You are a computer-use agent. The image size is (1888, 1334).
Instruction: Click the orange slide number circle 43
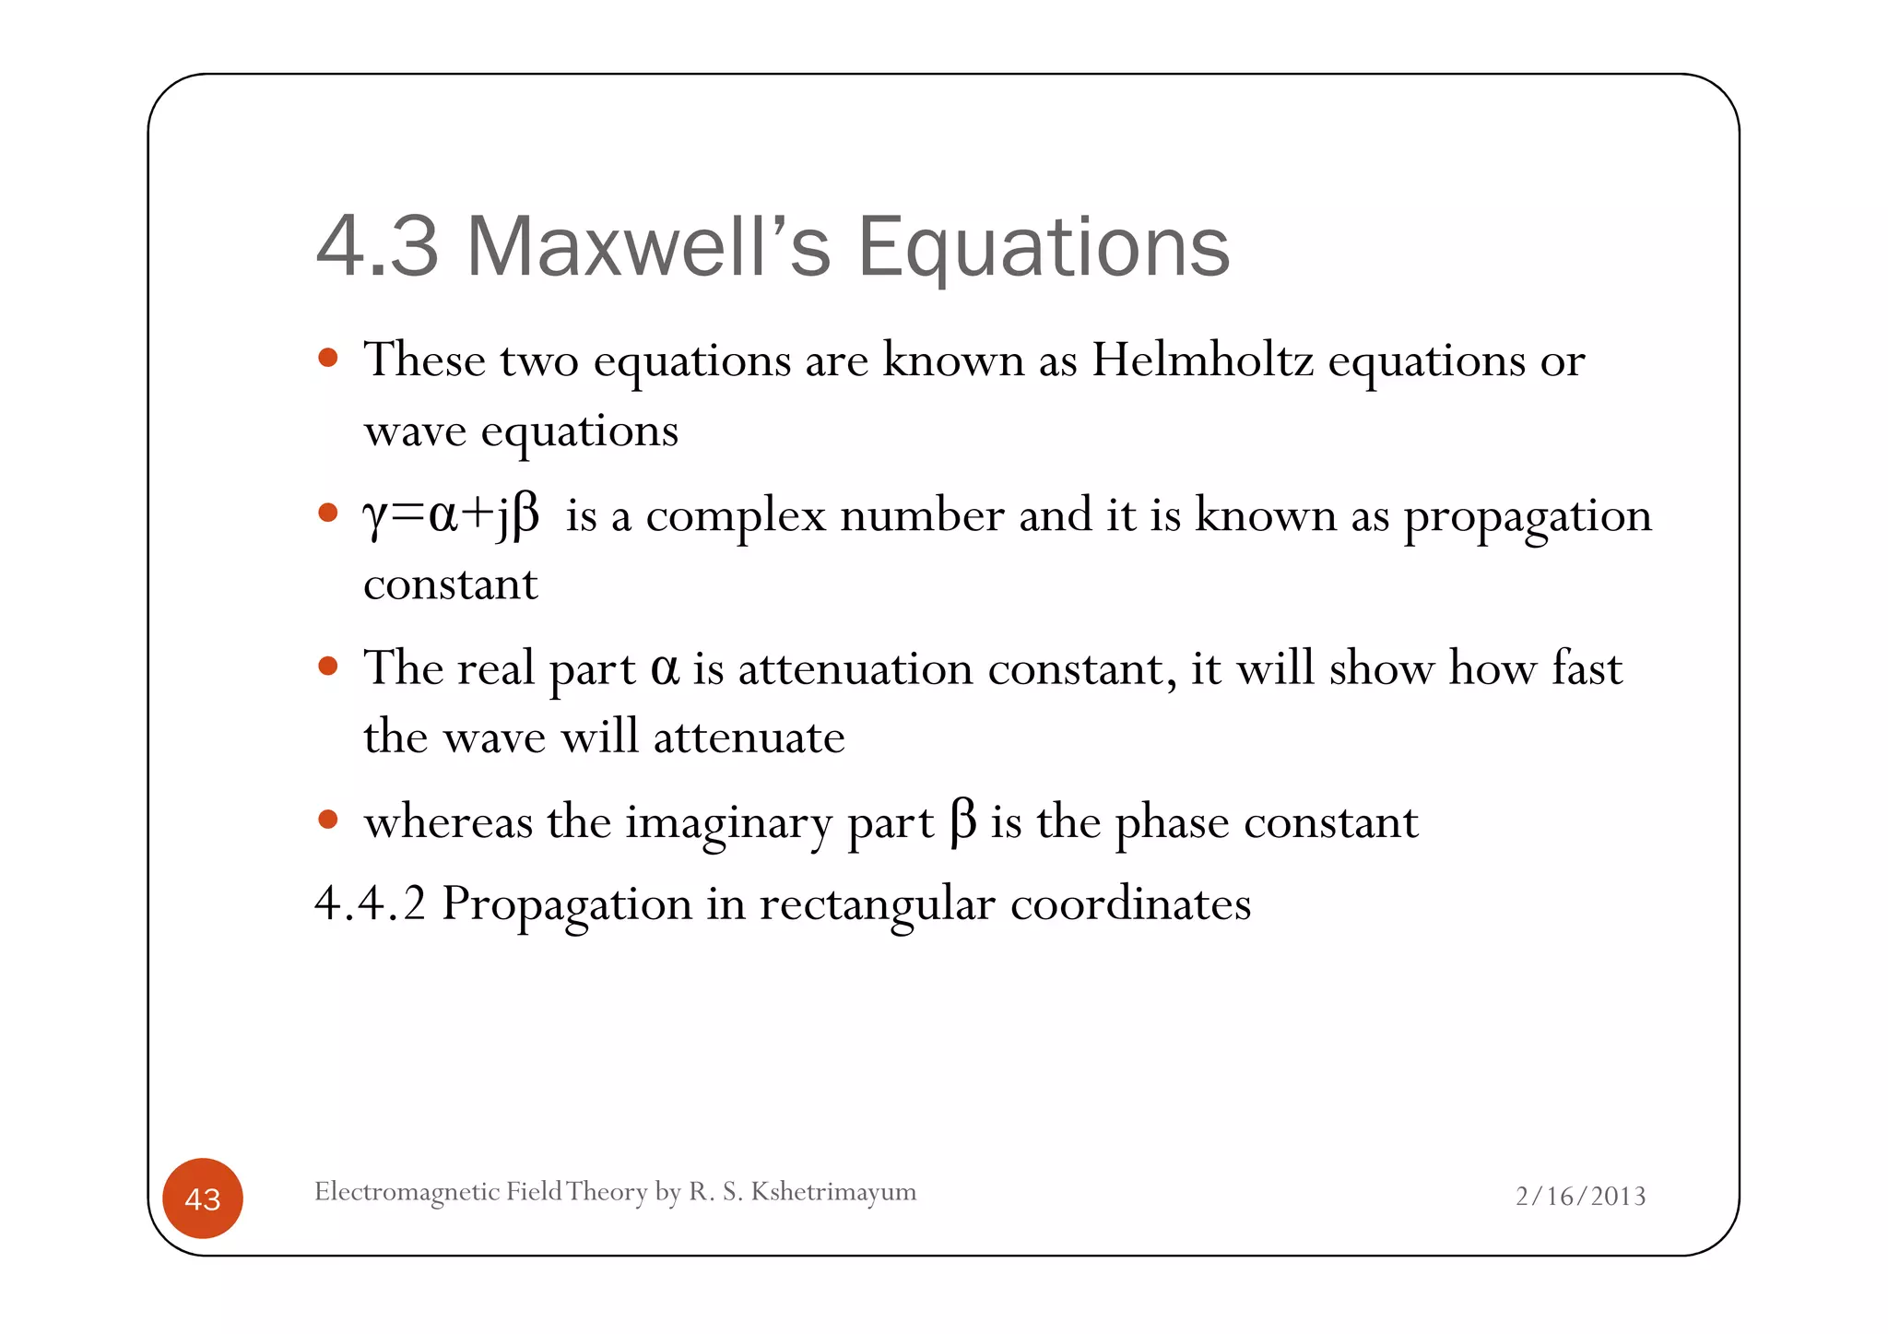click(203, 1198)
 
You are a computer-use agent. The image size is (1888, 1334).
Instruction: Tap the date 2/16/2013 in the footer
click(1580, 1196)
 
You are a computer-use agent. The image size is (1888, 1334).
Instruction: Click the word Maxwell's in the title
click(648, 246)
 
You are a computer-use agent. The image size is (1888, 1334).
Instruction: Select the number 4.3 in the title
click(377, 246)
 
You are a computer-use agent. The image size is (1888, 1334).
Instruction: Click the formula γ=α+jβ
click(451, 514)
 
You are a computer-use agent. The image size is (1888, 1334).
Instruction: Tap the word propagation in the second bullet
click(1527, 516)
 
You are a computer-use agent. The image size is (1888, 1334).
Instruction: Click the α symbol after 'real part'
click(665, 667)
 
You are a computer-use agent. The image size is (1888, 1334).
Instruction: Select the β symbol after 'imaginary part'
click(962, 820)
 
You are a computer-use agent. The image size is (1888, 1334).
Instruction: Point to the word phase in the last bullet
click(1172, 822)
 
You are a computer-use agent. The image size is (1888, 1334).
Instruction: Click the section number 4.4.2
click(370, 903)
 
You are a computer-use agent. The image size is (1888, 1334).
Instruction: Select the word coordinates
click(1130, 903)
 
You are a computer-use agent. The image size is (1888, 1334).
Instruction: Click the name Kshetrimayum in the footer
click(833, 1191)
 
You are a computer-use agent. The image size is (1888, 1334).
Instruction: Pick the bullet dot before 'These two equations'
click(327, 357)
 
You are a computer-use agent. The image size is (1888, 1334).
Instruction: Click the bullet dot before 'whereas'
click(327, 819)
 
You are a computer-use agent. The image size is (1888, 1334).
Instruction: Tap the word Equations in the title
click(1044, 246)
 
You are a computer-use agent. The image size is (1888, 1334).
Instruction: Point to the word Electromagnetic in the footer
click(407, 1191)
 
